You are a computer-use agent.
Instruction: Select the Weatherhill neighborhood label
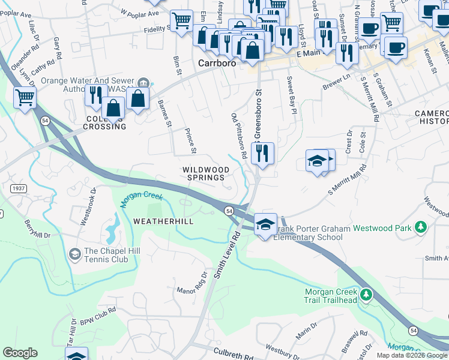pos(155,221)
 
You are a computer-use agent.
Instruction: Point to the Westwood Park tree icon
pos(421,227)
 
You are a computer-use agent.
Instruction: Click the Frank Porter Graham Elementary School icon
pos(265,224)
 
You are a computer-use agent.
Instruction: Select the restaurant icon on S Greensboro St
pos(262,153)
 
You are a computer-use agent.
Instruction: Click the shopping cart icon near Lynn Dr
pos(25,97)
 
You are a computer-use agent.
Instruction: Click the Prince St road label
pos(190,140)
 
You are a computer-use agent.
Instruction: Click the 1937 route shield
pos(19,188)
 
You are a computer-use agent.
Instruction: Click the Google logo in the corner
pos(20,353)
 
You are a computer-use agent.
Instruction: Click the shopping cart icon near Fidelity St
pos(181,20)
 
